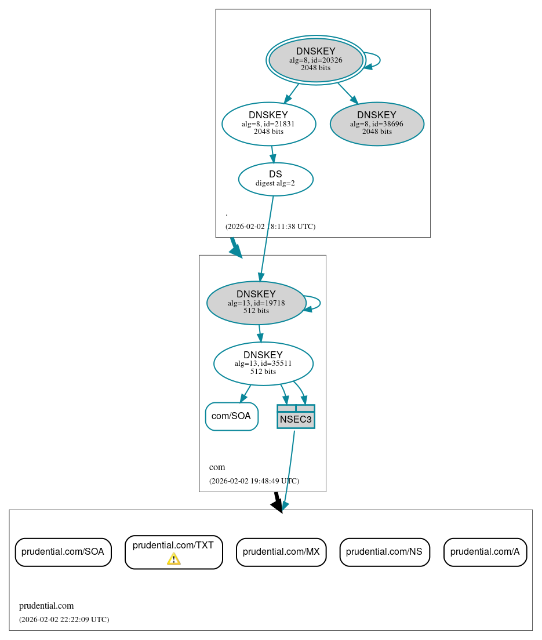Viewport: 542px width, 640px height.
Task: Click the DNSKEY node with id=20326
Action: (316, 60)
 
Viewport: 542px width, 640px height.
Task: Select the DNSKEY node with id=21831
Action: (268, 123)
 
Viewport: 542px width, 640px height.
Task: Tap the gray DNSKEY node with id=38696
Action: (377, 123)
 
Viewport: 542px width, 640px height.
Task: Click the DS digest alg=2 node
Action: (275, 179)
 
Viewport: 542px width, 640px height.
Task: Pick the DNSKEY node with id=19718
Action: (256, 303)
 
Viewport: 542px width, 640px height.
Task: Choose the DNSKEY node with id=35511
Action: (263, 363)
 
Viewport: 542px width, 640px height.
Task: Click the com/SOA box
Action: (231, 416)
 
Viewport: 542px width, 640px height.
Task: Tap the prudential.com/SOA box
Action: (63, 552)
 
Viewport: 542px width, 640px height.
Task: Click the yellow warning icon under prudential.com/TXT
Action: (173, 559)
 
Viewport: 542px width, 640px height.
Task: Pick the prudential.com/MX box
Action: (281, 552)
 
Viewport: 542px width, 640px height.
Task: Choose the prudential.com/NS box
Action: (384, 552)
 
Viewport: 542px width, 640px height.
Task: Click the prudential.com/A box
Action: (485, 552)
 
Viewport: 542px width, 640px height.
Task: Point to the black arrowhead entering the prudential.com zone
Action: (278, 506)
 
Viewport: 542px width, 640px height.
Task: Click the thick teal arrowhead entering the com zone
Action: (236, 250)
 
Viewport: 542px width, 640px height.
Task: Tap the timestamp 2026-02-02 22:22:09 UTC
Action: (64, 620)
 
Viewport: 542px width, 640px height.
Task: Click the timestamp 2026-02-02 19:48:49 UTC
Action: (254, 481)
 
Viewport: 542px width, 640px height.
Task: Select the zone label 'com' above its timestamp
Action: (217, 467)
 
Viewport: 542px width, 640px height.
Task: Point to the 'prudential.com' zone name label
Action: (46, 606)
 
